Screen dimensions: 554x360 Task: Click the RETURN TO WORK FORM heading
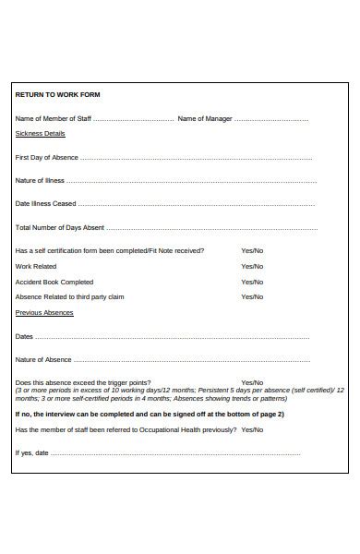(58, 95)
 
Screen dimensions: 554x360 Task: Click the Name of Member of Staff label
(54, 119)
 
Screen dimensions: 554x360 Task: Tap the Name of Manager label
(204, 119)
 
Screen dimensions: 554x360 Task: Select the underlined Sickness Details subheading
(41, 134)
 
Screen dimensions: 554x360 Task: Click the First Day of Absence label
(47, 158)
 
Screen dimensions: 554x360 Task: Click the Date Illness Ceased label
(46, 204)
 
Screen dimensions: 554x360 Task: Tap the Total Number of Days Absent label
(60, 227)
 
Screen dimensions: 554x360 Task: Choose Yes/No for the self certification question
(252, 251)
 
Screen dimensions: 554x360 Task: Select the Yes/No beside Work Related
(252, 267)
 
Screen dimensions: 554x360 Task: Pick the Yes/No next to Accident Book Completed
(252, 283)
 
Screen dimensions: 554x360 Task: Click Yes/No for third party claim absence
(252, 297)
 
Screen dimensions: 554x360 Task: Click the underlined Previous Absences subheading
(44, 313)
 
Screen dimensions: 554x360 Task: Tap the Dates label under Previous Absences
(25, 337)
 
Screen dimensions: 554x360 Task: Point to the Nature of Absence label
(43, 360)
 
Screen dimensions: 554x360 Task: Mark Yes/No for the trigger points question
(252, 383)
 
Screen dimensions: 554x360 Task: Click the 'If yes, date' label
(32, 453)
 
